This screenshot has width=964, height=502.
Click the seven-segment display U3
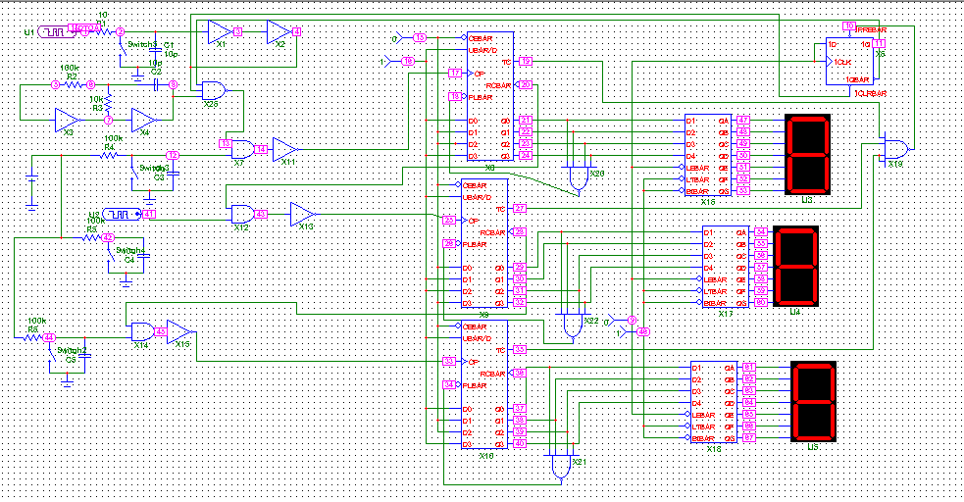pyautogui.click(x=808, y=155)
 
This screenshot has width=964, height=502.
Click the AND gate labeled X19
pyautogui.click(x=894, y=149)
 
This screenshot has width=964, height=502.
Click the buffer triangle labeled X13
pyautogui.click(x=302, y=214)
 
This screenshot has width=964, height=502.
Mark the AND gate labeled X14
pyautogui.click(x=142, y=330)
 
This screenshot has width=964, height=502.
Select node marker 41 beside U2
pyautogui.click(x=150, y=214)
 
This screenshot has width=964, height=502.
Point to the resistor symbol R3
pyautogui.click(x=109, y=103)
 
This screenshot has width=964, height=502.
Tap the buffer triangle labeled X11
pyautogui.click(x=284, y=149)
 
